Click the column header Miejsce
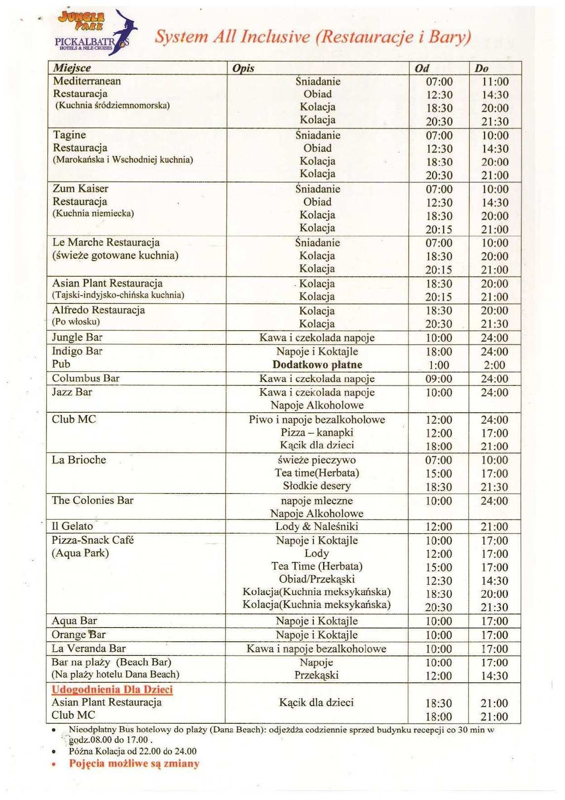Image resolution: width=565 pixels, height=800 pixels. point(72,68)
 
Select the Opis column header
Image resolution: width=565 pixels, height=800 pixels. point(243,68)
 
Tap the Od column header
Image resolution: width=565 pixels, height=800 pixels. point(422,68)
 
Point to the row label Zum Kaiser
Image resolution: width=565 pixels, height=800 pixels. point(80,189)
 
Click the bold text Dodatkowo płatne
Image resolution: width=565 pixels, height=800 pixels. point(317,365)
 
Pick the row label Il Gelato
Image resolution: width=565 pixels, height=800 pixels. point(73,526)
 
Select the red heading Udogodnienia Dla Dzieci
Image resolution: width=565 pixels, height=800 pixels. point(113,689)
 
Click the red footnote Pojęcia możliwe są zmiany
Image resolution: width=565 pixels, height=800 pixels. point(134,763)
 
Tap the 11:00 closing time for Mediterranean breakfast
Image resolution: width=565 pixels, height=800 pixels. point(495,82)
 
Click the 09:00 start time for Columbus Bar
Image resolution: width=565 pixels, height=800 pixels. point(439,379)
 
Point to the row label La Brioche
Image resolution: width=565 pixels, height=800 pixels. point(79,460)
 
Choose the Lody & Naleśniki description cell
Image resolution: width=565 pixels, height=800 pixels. point(317,526)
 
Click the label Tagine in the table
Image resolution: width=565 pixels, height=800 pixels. point(70,135)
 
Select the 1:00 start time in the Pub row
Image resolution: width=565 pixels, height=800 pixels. point(439,365)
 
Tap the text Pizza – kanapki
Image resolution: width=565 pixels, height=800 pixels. point(317,433)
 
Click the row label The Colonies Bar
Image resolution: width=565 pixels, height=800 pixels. point(93,500)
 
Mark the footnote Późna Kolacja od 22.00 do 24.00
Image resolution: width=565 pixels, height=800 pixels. point(133,752)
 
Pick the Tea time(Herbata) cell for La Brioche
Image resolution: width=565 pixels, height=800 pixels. point(317,473)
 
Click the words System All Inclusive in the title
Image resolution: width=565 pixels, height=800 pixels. point(232,37)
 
